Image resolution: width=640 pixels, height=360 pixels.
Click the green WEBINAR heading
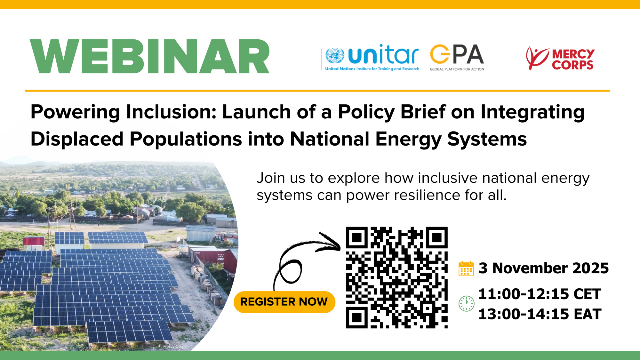pyautogui.click(x=150, y=56)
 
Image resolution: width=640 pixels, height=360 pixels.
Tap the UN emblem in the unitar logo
pyautogui.click(x=335, y=56)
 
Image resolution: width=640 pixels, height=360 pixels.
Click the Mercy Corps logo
pyautogui.click(x=560, y=58)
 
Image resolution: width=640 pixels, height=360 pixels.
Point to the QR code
pyautogui.click(x=397, y=277)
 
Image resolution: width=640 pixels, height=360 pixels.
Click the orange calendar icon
pyautogui.click(x=466, y=268)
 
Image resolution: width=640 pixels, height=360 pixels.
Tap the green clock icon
pyautogui.click(x=467, y=303)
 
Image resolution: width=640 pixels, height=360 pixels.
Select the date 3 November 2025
pyautogui.click(x=544, y=268)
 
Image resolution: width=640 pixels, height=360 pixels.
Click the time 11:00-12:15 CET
pyautogui.click(x=540, y=294)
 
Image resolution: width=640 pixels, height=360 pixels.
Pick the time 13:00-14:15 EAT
pyautogui.click(x=540, y=314)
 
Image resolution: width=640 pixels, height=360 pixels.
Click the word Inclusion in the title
pyautogui.click(x=171, y=112)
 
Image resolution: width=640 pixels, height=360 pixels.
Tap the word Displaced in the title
pyautogui.click(x=77, y=139)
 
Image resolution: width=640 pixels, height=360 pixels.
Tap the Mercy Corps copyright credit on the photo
pyautogui.click(x=172, y=346)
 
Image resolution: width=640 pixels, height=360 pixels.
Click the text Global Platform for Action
pyautogui.click(x=457, y=69)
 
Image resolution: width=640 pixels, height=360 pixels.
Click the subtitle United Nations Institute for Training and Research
pyautogui.click(x=372, y=69)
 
